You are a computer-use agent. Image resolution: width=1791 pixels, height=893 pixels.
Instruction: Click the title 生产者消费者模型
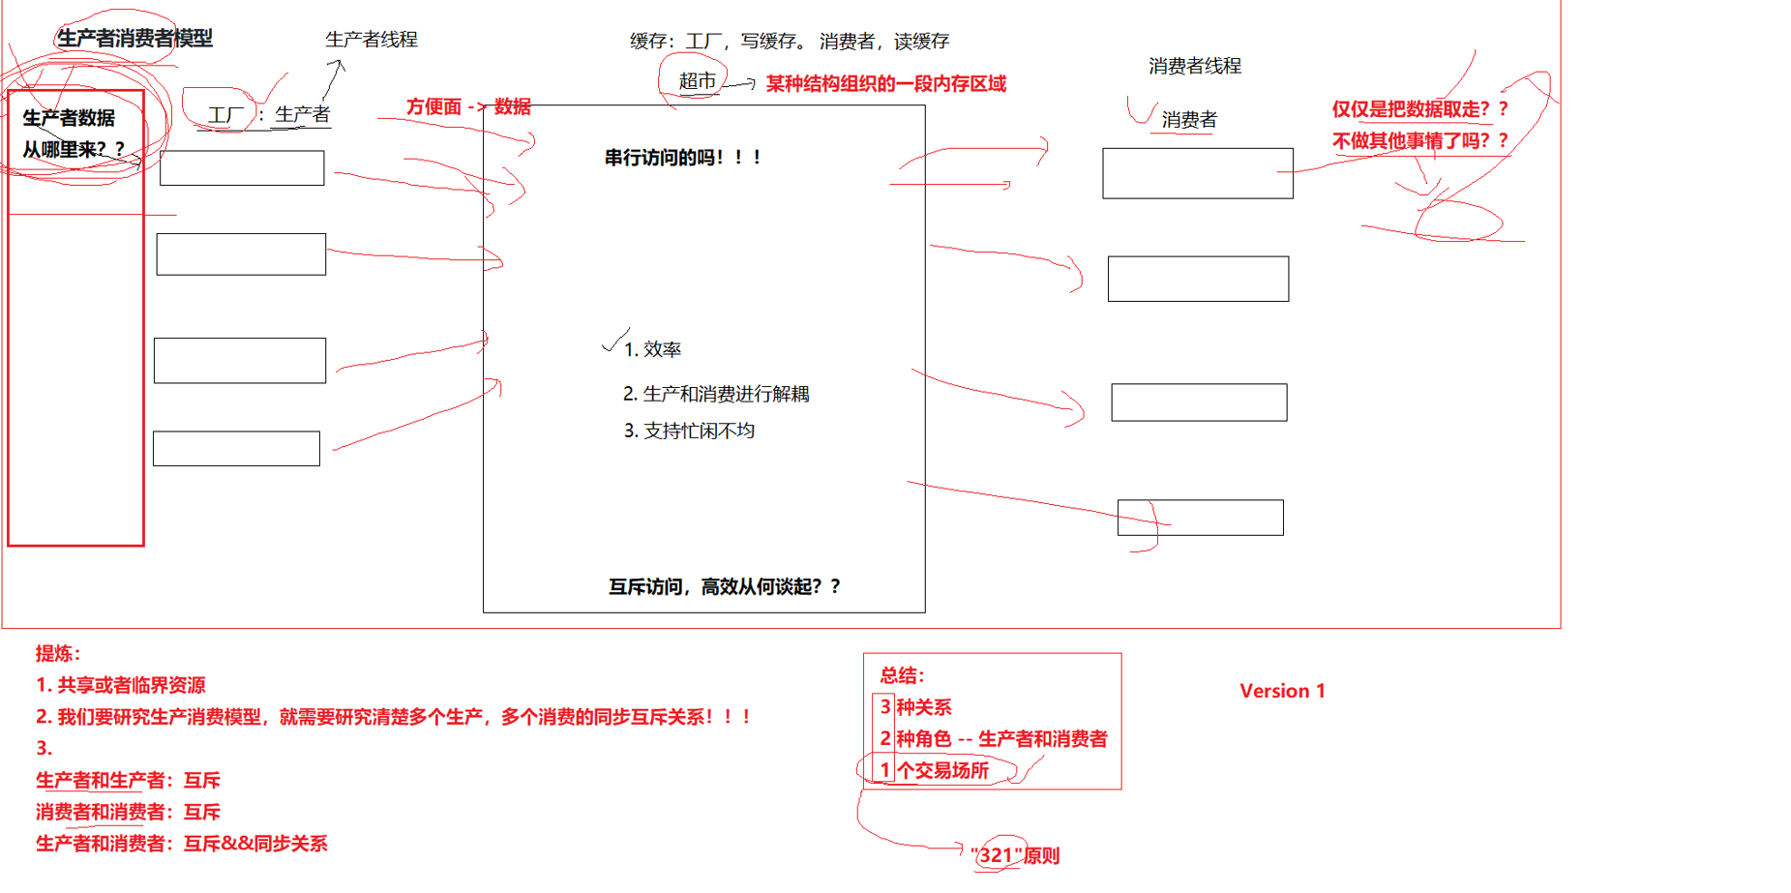click(134, 39)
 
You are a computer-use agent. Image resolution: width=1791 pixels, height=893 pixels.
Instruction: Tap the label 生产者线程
click(371, 40)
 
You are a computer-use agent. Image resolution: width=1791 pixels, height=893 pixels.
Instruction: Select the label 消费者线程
click(1194, 66)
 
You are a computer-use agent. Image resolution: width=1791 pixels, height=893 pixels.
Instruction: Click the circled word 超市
click(697, 81)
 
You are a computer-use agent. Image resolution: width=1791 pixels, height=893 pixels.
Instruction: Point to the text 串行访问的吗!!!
click(683, 158)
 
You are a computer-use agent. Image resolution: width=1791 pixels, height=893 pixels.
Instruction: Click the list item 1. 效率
click(653, 349)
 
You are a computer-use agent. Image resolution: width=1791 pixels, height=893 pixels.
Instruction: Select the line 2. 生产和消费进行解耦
click(716, 394)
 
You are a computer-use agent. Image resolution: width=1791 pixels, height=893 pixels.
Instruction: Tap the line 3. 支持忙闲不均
click(689, 431)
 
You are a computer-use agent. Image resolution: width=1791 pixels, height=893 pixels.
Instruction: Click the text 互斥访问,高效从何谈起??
click(725, 586)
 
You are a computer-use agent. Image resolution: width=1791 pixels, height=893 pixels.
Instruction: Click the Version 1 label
click(1282, 691)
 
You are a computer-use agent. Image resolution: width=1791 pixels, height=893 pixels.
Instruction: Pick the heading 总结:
click(902, 675)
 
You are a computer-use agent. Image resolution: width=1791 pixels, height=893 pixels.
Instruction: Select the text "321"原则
click(1014, 855)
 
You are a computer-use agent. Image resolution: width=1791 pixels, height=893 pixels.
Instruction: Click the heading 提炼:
click(58, 653)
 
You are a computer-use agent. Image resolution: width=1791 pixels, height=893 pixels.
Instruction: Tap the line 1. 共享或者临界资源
click(121, 685)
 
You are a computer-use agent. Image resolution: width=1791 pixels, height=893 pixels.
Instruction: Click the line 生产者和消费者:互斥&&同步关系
click(182, 844)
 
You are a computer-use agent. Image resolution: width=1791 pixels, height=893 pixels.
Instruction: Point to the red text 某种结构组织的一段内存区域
click(885, 84)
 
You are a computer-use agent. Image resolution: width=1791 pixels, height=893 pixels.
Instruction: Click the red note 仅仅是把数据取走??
click(1419, 109)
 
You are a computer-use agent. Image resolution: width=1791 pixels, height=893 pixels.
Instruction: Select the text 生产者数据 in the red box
click(69, 118)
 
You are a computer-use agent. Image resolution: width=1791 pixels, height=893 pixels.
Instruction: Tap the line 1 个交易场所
click(934, 770)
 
